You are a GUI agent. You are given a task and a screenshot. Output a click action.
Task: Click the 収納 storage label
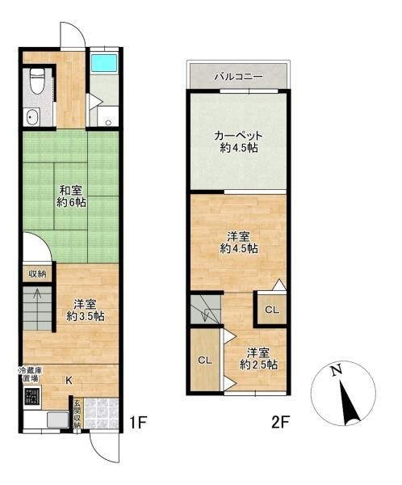click(36, 273)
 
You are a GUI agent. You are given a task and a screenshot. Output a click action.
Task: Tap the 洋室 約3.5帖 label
click(86, 310)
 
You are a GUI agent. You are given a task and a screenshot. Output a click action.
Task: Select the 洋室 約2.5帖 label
click(259, 358)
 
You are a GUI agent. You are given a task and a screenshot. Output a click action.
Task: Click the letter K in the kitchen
click(69, 378)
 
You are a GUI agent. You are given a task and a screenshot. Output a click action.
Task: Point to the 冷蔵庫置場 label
click(30, 374)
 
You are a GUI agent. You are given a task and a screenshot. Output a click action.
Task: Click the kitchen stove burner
click(31, 397)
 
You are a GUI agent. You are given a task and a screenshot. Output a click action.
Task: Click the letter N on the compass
click(338, 372)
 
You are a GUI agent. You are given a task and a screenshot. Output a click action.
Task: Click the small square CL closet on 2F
click(272, 309)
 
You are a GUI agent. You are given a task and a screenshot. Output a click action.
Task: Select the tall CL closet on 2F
click(205, 360)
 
